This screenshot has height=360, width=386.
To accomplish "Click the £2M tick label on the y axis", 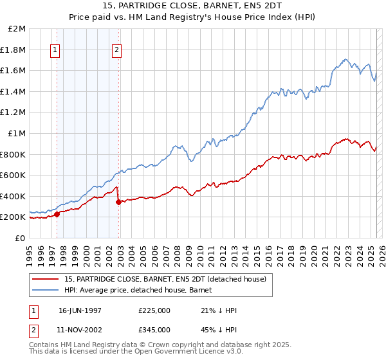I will pyautogui.click(x=17, y=29).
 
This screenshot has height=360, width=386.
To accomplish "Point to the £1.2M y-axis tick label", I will pyautogui.click(x=14, y=113).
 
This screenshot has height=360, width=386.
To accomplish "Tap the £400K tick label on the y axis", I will pyautogui.click(x=14, y=196).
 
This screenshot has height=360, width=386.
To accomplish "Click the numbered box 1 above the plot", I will pyautogui.click(x=55, y=50).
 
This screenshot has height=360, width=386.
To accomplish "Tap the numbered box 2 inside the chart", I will pyautogui.click(x=116, y=50).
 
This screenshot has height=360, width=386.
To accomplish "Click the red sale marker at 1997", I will pyautogui.click(x=57, y=215).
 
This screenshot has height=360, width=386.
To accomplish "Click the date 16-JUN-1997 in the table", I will pyautogui.click(x=80, y=310).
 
